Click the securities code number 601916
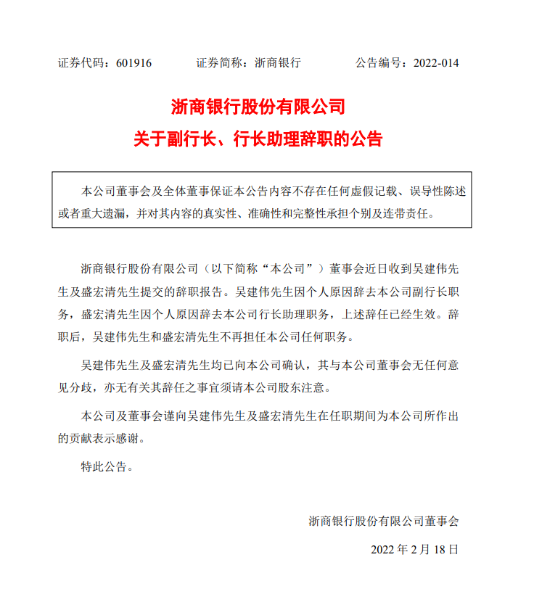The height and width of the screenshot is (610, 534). [x=133, y=63]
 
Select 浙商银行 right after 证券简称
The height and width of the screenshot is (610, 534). [x=278, y=63]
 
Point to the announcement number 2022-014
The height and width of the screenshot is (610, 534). [x=436, y=63]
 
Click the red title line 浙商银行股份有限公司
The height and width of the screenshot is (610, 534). [x=258, y=107]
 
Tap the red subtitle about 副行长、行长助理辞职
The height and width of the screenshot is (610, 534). [x=258, y=139]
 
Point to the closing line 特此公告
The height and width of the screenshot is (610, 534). [x=104, y=467]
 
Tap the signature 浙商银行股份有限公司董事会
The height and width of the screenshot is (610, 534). [x=384, y=521]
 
